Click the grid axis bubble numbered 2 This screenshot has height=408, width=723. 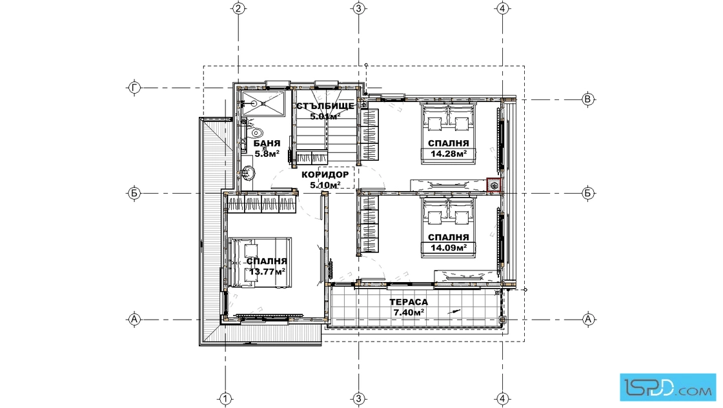click(238, 8)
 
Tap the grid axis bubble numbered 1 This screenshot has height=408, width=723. click(225, 399)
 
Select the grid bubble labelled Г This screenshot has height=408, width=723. click(134, 88)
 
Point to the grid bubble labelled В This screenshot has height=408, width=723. click(587, 99)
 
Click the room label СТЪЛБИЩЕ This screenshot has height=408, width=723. click(325, 106)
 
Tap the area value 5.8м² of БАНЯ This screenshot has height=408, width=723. click(267, 154)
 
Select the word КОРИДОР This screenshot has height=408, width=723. click(325, 175)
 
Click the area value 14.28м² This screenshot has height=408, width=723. click(449, 154)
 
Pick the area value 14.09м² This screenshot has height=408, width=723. click(449, 248)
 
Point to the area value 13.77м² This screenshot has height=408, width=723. click(267, 272)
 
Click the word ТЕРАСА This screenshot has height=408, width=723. click(409, 302)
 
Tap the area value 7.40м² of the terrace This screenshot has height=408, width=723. click(409, 312)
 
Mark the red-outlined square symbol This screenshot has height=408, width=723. click(494, 185)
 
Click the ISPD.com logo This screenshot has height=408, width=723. click(668, 387)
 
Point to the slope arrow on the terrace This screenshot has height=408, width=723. click(454, 312)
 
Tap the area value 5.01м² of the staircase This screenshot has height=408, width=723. click(325, 116)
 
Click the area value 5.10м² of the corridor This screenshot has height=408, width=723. click(325, 185)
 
